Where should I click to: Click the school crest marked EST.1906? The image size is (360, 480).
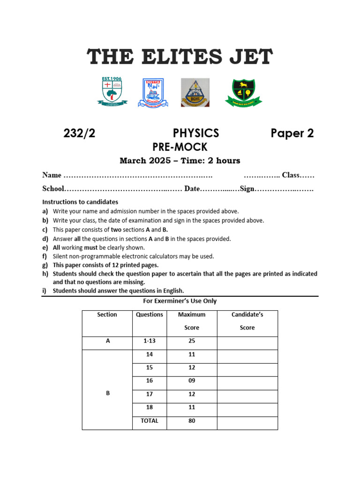pyautogui.click(x=112, y=91)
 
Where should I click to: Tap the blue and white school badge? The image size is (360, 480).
pyautogui.click(x=153, y=92)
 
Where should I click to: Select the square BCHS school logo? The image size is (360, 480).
pyautogui.click(x=195, y=92)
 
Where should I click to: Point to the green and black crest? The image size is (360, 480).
pyautogui.click(x=244, y=92)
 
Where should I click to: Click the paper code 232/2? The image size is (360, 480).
pyautogui.click(x=79, y=133)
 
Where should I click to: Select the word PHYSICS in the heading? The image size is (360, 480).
pyautogui.click(x=196, y=133)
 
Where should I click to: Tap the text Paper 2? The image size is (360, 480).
pyautogui.click(x=292, y=133)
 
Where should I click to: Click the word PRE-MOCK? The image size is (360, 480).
pyautogui.click(x=180, y=147)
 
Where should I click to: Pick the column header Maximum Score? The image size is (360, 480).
pyautogui.click(x=192, y=321)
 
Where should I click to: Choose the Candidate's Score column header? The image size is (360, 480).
pyautogui.click(x=247, y=321)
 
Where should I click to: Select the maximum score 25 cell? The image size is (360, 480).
pyautogui.click(x=192, y=341)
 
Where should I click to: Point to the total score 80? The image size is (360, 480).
pyautogui.click(x=192, y=421)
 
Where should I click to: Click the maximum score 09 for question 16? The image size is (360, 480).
pyautogui.click(x=192, y=381)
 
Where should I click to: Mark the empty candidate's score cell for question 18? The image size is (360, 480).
pyautogui.click(x=247, y=408)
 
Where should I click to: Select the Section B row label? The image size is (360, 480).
pyautogui.click(x=107, y=394)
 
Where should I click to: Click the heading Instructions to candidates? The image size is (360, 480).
pyautogui.click(x=80, y=202)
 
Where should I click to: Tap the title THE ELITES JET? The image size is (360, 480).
pyautogui.click(x=180, y=58)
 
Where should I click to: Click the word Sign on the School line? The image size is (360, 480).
pyautogui.click(x=247, y=189)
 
